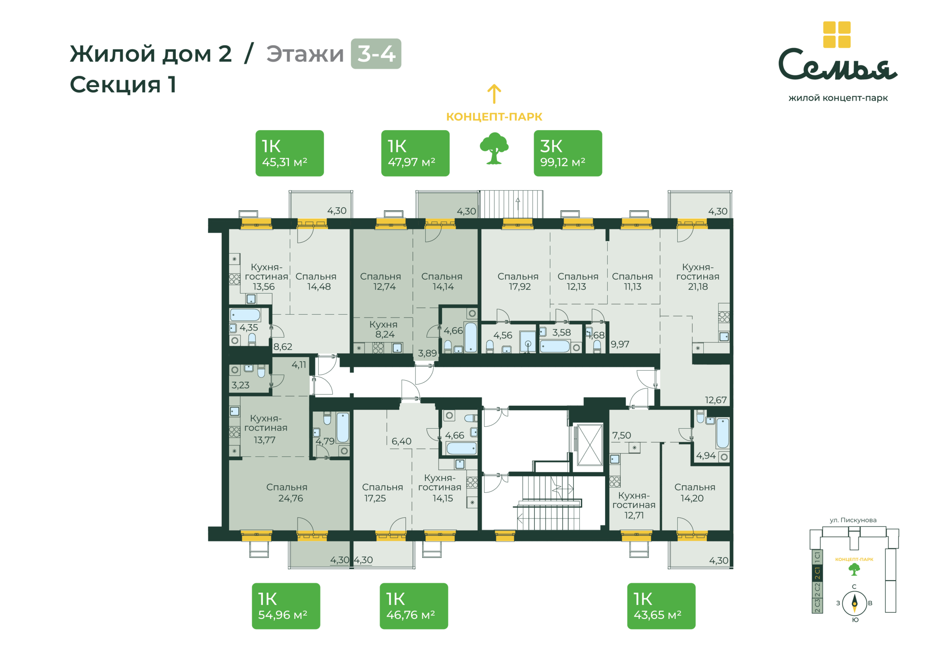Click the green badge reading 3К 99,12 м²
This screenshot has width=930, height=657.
(568, 153)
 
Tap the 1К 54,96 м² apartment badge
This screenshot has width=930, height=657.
(286, 606)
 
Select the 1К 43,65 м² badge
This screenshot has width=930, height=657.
(661, 606)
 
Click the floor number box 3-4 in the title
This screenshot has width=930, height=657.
(376, 54)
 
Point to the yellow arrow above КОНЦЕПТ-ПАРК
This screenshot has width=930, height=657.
(494, 94)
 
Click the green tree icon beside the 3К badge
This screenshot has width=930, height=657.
(494, 148)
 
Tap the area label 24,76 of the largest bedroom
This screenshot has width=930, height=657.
(290, 498)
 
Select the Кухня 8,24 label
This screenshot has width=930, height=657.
(384, 329)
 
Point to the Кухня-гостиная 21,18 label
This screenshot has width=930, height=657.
(697, 277)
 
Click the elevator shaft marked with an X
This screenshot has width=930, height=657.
(589, 446)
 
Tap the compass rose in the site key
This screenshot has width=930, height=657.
(854, 603)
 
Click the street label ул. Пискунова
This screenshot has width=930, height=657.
(853, 520)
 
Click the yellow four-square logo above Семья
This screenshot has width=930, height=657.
(837, 34)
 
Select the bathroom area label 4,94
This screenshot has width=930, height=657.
(706, 455)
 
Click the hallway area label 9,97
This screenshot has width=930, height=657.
(620, 344)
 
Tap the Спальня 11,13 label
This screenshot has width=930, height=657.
(632, 281)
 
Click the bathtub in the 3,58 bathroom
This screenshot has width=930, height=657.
(555, 346)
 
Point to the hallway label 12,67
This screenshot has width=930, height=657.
(716, 400)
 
